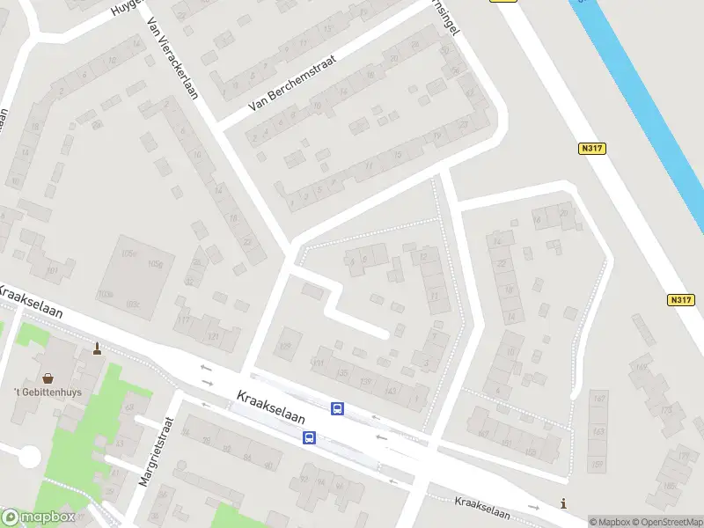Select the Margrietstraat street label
pos(158,450)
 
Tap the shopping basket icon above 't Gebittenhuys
pos(48,377)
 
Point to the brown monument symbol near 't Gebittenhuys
pos(97,350)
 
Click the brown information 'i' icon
pos(564,502)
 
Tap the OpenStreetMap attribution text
pos(667,521)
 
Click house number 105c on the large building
pos(131,254)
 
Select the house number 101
pos(52,269)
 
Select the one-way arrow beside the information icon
pos(533,508)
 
